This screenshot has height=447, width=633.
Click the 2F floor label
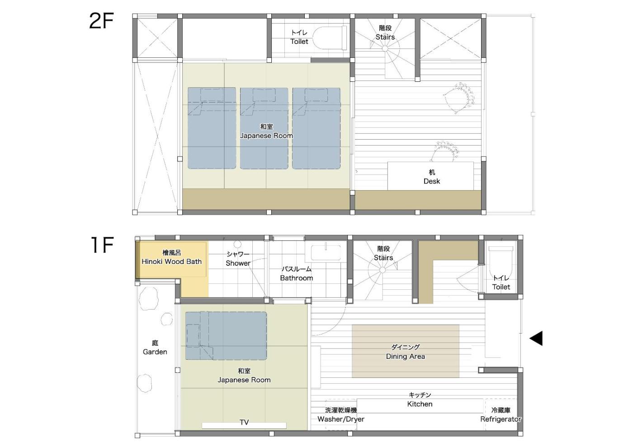101,21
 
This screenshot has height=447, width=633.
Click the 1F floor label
102,245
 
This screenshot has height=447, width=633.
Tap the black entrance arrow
536,338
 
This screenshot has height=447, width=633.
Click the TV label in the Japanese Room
244,422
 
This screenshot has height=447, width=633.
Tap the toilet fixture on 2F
330,38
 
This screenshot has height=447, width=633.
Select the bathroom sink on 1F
326,252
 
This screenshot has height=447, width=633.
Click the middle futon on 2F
264,128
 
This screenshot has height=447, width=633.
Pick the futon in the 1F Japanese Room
226,336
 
